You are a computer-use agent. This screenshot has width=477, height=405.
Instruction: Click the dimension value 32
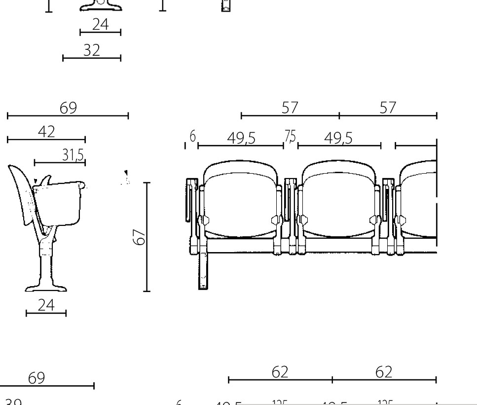92,50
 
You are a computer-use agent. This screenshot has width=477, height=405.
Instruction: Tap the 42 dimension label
47,132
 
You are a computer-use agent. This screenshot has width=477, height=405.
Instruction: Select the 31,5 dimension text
73,155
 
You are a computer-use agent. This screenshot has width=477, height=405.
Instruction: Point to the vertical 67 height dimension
141,237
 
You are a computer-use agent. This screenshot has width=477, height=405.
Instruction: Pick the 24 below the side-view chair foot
46,305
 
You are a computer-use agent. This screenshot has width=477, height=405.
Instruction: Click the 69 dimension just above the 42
69,108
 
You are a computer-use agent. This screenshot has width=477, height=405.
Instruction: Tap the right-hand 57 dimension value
388,108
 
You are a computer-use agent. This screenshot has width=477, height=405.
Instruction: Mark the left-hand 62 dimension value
280,372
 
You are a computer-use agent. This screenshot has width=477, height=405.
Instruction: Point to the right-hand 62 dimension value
384,372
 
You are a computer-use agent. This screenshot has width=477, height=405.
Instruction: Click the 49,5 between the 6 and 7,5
241,139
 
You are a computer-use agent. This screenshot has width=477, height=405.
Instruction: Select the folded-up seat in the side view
59,202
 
